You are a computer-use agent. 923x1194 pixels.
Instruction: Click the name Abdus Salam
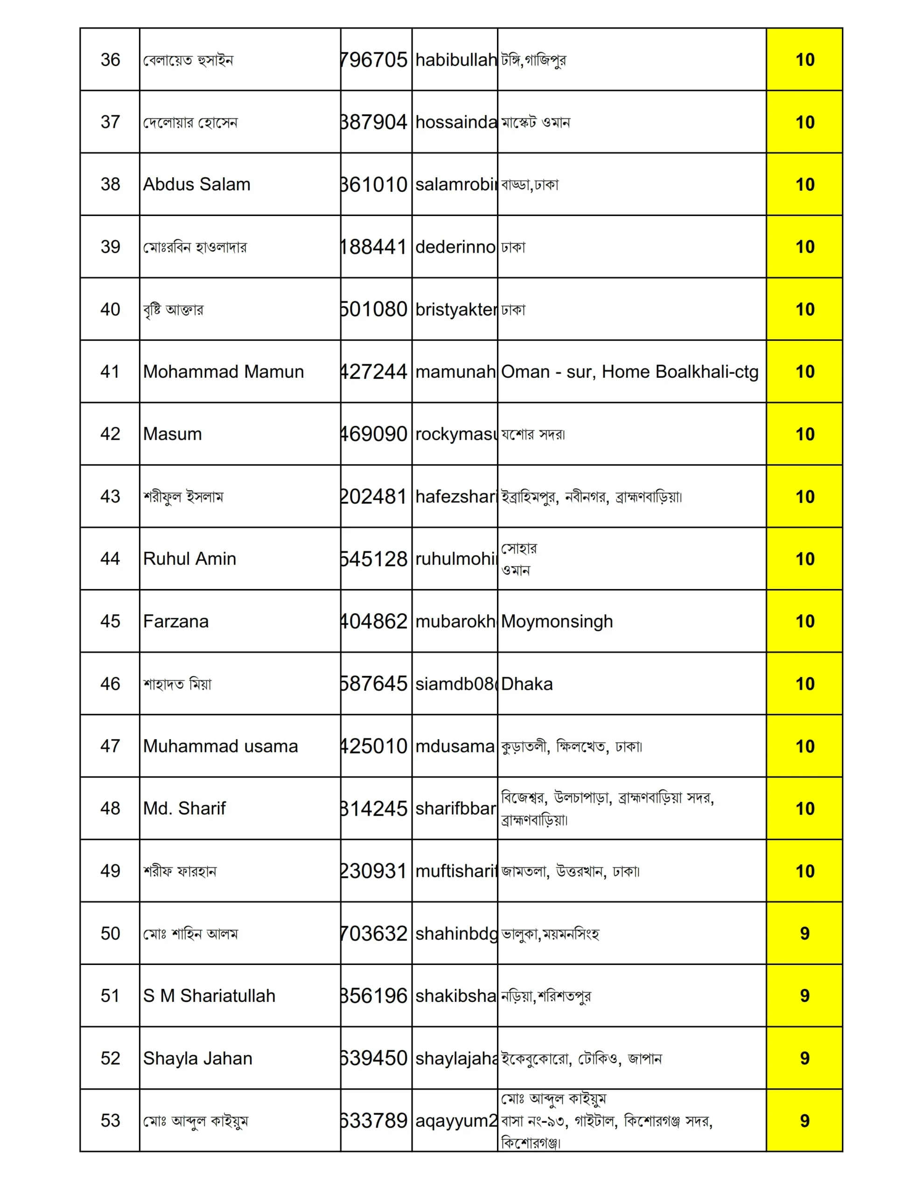click(x=196, y=184)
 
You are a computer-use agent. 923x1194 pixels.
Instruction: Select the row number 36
click(x=110, y=60)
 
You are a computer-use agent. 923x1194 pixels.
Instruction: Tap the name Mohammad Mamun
click(x=223, y=372)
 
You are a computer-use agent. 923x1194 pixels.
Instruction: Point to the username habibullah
click(x=455, y=60)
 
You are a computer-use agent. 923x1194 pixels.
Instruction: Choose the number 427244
click(x=375, y=372)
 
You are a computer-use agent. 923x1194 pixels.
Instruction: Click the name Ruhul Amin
click(x=189, y=559)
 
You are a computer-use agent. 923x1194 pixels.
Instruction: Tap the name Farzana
click(x=175, y=621)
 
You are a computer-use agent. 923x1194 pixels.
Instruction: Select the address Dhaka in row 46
click(x=527, y=684)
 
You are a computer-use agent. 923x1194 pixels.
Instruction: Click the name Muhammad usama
click(x=221, y=746)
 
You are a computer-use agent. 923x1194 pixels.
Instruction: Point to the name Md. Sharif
click(x=184, y=809)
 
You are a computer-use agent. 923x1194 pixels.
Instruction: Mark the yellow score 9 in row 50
click(x=804, y=933)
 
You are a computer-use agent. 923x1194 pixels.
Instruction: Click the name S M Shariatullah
click(x=209, y=996)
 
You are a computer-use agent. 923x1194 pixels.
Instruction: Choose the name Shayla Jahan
click(x=197, y=1058)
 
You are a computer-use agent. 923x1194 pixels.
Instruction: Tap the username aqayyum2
click(x=455, y=1121)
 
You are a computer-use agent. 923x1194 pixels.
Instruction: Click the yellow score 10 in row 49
click(x=804, y=871)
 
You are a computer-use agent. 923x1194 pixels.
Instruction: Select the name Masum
click(x=172, y=434)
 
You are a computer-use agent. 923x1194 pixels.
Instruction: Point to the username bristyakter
click(x=455, y=309)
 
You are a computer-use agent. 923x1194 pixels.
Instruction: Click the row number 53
click(x=110, y=1121)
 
